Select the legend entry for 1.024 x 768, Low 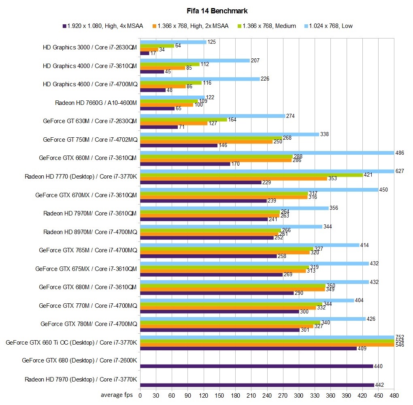pyautogui.click(x=330, y=26)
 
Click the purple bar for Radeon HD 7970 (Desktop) pyautogui.click(x=257, y=385)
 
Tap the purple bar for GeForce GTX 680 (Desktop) pyautogui.click(x=256, y=367)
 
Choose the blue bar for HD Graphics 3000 pyautogui.click(x=173, y=42)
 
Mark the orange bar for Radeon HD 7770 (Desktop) pyautogui.click(x=234, y=178)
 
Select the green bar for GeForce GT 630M pyautogui.click(x=183, y=119)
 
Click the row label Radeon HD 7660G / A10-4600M pyautogui.click(x=96, y=103)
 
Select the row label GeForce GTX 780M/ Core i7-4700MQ pyautogui.click(x=89, y=324)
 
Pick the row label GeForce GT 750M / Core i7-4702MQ pyautogui.click(x=90, y=140)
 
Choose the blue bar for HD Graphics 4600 pyautogui.click(x=200, y=79)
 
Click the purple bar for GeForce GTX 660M pyautogui.click(x=185, y=164)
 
